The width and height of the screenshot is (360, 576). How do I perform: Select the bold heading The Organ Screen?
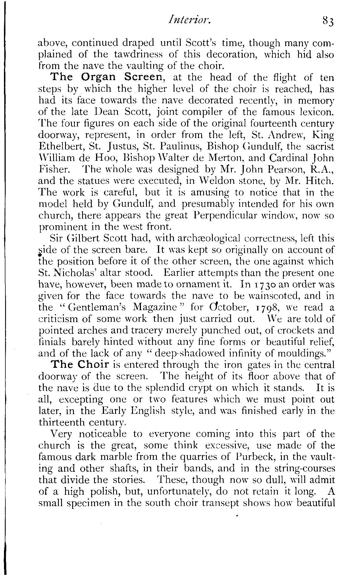(107, 78)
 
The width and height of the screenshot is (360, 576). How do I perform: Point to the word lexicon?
(316, 112)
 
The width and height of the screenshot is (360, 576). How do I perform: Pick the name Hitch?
(320, 181)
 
